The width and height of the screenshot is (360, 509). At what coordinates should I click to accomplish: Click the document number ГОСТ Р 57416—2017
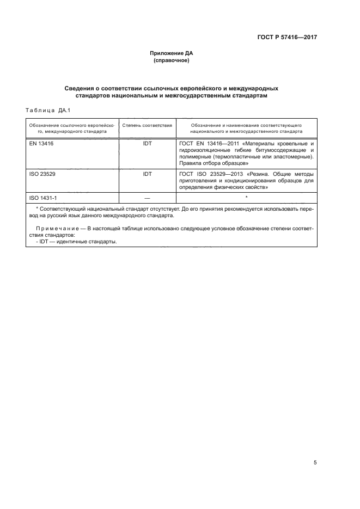(287, 38)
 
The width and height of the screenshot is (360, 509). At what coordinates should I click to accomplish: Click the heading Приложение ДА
(172, 53)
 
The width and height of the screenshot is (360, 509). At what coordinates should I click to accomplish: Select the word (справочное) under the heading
(172, 61)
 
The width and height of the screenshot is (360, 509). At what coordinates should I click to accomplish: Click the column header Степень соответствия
(147, 125)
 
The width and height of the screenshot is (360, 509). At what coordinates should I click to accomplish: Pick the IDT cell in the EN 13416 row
(147, 143)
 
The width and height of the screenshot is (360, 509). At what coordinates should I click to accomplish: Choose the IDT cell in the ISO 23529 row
(147, 174)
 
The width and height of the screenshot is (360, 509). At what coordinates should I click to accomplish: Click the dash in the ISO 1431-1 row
(147, 197)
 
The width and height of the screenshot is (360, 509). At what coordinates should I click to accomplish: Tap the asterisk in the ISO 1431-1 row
(246, 197)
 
